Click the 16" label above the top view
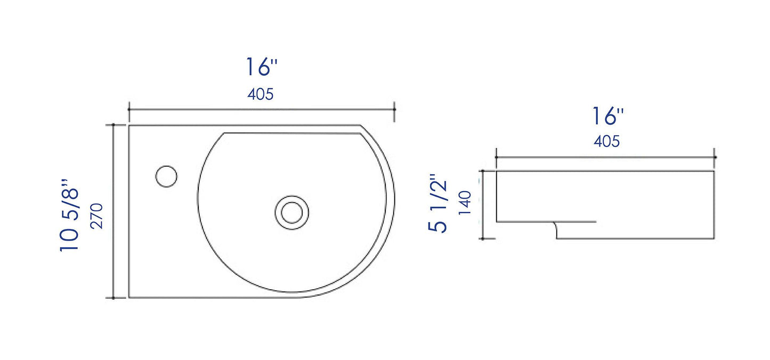click(x=261, y=67)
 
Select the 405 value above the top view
click(x=261, y=94)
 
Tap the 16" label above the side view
click(x=607, y=116)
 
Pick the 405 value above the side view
click(x=607, y=142)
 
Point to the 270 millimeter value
click(x=96, y=215)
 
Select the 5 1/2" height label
click(x=438, y=204)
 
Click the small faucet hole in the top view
click(x=167, y=176)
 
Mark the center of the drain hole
click(x=291, y=211)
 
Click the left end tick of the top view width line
click(x=129, y=109)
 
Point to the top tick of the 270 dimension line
click(x=113, y=125)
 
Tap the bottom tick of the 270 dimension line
click(x=113, y=298)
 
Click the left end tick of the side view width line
click(x=496, y=157)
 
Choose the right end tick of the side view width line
click(x=715, y=157)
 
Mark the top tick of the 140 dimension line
click(x=483, y=171)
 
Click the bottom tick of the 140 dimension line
click(x=483, y=239)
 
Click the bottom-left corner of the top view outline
click(x=129, y=298)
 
